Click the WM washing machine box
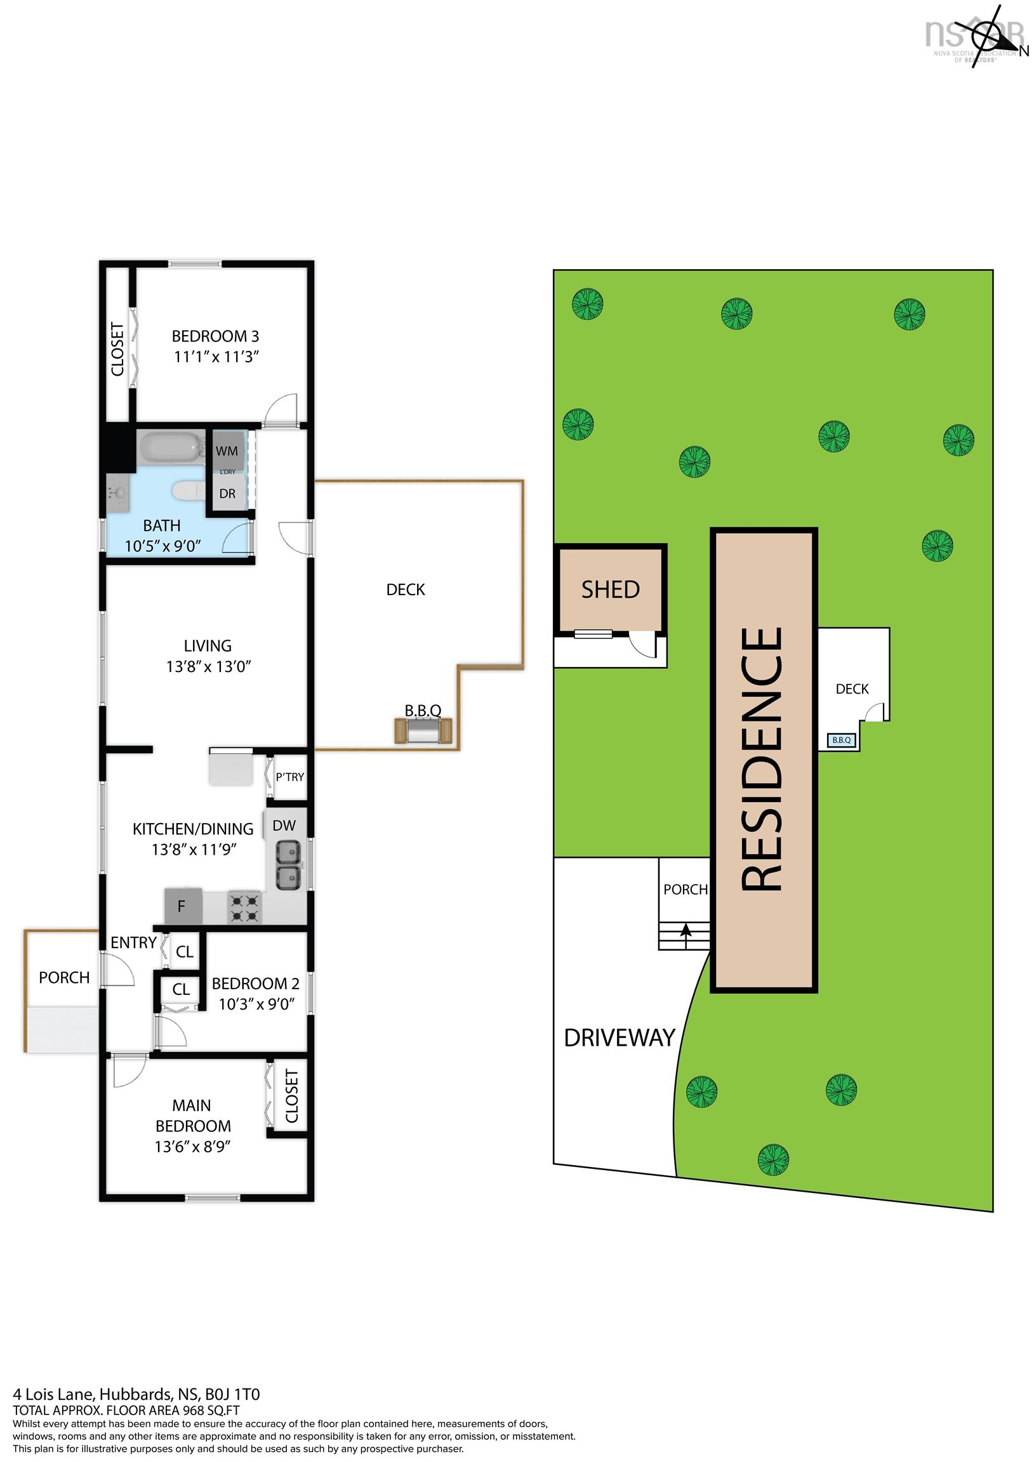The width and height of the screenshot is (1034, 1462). pyautogui.click(x=227, y=450)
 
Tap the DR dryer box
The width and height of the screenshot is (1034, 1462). pyautogui.click(x=227, y=493)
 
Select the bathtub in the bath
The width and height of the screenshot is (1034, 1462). pyautogui.click(x=171, y=448)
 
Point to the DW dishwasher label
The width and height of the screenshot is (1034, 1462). pyautogui.click(x=284, y=826)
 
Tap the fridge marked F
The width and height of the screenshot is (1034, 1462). pyautogui.click(x=183, y=906)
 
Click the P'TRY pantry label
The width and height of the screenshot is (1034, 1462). pyautogui.click(x=290, y=777)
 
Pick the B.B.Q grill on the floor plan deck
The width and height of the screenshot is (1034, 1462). pyautogui.click(x=423, y=730)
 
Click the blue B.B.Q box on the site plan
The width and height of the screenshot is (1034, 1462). pyautogui.click(x=842, y=740)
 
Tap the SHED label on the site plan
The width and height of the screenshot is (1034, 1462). pyautogui.click(x=611, y=589)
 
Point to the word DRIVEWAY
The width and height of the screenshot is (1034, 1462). pyautogui.click(x=620, y=1038)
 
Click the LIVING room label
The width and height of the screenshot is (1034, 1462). pyautogui.click(x=208, y=646)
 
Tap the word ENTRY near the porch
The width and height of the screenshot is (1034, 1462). pyautogui.click(x=134, y=942)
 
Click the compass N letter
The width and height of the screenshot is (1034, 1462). pyautogui.click(x=1024, y=51)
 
